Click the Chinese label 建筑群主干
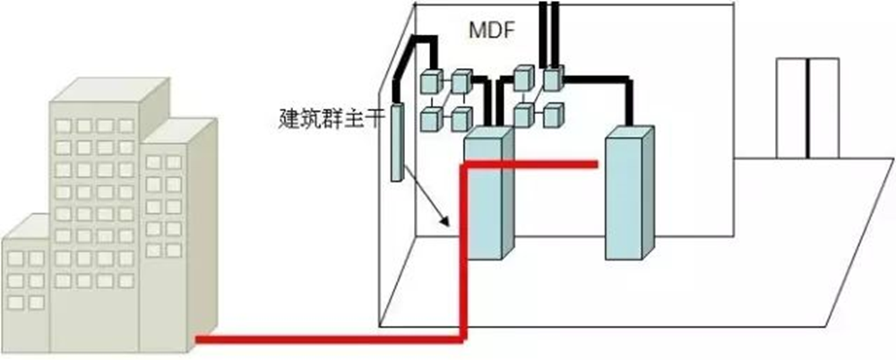[332, 117]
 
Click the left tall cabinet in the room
[488, 193]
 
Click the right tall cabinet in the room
[630, 193]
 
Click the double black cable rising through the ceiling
[547, 27]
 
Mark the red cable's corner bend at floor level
[462, 338]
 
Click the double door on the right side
[807, 107]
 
